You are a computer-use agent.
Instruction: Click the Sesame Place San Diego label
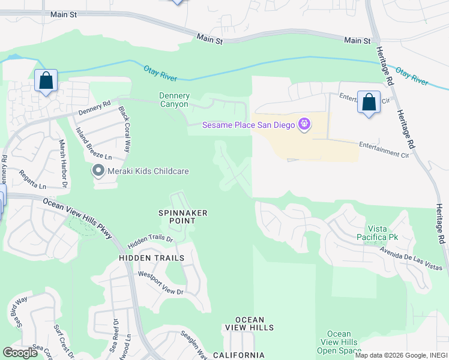click(x=249, y=125)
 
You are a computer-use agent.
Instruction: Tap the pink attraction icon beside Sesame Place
click(x=305, y=125)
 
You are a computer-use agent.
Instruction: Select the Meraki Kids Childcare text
click(x=148, y=172)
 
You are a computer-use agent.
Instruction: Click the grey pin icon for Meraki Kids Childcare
click(x=98, y=172)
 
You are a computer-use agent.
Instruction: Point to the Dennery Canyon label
click(x=175, y=100)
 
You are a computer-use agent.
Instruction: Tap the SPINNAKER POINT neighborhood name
click(x=183, y=217)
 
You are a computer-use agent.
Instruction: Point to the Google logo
click(x=20, y=353)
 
